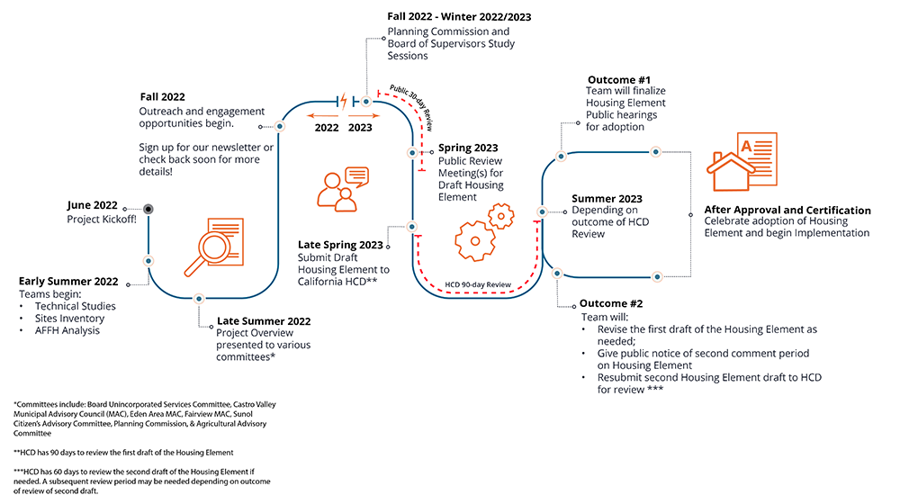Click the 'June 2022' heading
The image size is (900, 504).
(x=94, y=206)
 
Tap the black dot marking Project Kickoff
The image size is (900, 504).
(x=148, y=209)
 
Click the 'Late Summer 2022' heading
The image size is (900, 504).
(x=264, y=321)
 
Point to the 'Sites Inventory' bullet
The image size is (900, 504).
(x=69, y=319)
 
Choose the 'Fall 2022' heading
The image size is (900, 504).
(x=162, y=96)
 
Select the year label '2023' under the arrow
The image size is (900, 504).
(x=360, y=128)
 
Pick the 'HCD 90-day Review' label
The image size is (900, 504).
(x=478, y=284)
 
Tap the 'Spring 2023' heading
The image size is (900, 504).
(x=467, y=148)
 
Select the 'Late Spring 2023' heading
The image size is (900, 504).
(x=340, y=245)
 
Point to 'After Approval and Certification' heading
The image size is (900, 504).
(x=787, y=211)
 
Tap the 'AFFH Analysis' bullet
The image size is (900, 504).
(x=67, y=330)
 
